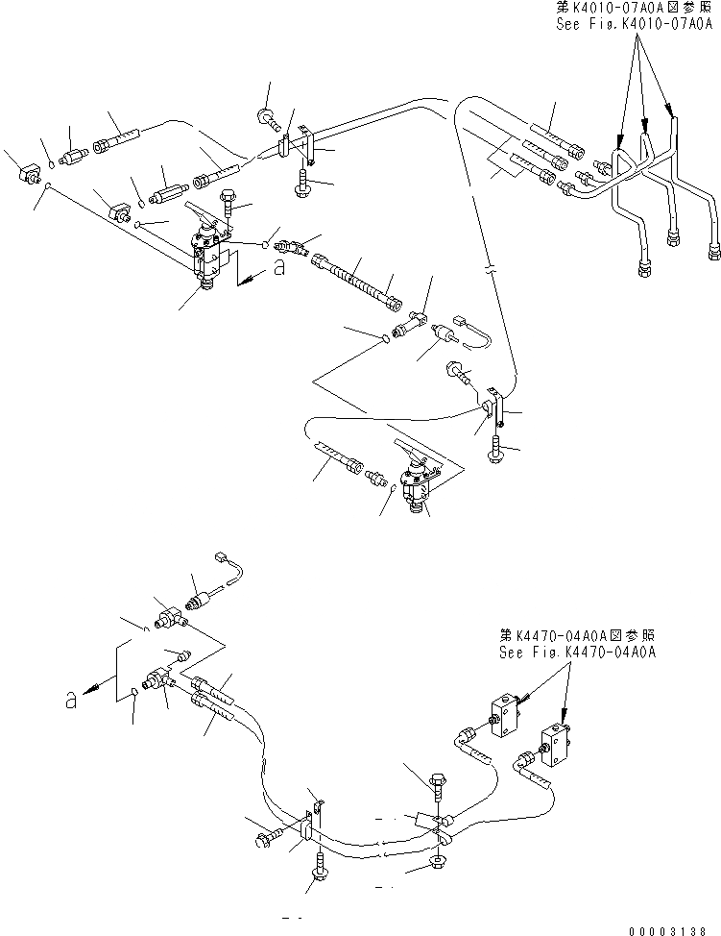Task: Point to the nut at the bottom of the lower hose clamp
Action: [x=438, y=861]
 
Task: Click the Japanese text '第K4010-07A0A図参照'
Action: [x=635, y=8]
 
